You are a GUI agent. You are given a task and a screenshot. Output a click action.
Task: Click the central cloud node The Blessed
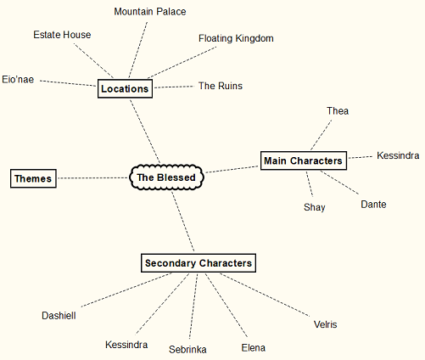coord(167,177)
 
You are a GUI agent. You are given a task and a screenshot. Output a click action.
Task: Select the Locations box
coord(125,88)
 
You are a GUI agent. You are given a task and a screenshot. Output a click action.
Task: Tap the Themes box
coord(33,178)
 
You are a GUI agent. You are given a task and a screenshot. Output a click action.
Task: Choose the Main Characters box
coord(303,160)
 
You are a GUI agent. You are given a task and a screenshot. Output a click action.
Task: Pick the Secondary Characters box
coord(198,263)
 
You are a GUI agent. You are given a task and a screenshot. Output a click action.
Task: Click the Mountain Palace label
coord(150,12)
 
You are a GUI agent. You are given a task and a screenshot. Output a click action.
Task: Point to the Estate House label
coord(62,35)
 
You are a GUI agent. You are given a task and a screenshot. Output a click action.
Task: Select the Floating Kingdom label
coord(236,38)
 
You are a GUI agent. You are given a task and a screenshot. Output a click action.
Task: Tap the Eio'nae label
coord(19,79)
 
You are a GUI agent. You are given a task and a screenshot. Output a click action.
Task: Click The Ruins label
coord(220,86)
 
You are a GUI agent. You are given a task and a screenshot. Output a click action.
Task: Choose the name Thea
coord(338,110)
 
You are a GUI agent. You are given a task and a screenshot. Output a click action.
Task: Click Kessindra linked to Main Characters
coord(398,155)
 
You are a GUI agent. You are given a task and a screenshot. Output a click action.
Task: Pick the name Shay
coord(314,207)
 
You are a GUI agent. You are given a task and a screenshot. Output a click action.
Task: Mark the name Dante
coord(374,205)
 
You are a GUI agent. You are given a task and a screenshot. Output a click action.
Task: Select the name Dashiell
coord(59,315)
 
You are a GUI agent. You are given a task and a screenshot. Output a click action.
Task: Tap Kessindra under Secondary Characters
coord(126,345)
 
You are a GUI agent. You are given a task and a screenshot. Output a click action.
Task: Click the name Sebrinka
coord(187,349)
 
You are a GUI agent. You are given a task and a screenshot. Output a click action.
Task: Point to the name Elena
coord(253,347)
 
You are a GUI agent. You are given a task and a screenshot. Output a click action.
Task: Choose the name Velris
coord(325,324)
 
